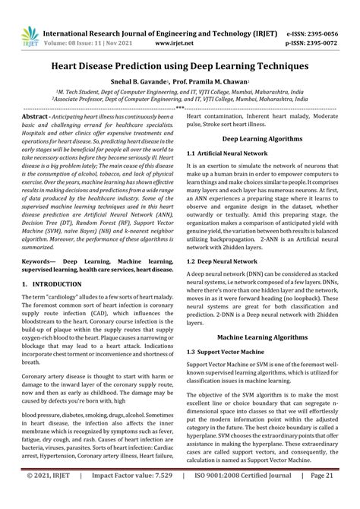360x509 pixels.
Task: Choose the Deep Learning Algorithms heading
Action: [x=262, y=139]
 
